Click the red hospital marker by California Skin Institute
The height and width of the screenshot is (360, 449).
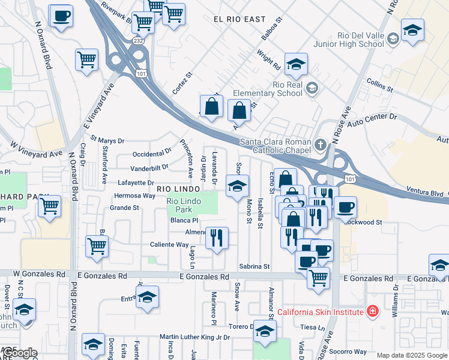373,311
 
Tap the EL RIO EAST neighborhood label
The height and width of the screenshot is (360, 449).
240,19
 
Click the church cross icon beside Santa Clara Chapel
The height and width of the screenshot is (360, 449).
321,145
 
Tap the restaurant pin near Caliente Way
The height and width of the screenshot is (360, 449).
217,237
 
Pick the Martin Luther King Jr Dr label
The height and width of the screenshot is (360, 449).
194,337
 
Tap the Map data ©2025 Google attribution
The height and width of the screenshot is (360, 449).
412,355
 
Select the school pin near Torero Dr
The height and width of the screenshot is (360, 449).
264,331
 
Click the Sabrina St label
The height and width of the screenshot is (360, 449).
255,266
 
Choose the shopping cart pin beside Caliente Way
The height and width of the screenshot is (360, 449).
97,245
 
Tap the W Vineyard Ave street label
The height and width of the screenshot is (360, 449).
37,149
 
